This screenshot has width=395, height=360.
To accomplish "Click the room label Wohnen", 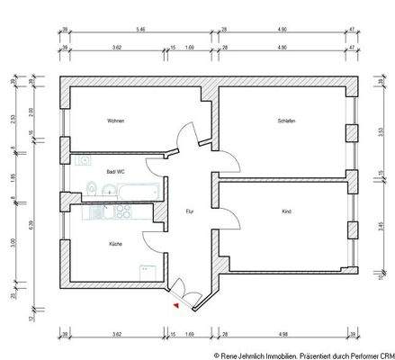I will [114, 121].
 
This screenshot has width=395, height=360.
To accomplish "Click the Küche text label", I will [115, 244].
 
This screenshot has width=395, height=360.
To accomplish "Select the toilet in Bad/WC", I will [93, 188].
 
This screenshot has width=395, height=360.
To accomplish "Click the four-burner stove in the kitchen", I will [121, 214].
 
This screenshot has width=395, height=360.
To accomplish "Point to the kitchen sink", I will [95, 214].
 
